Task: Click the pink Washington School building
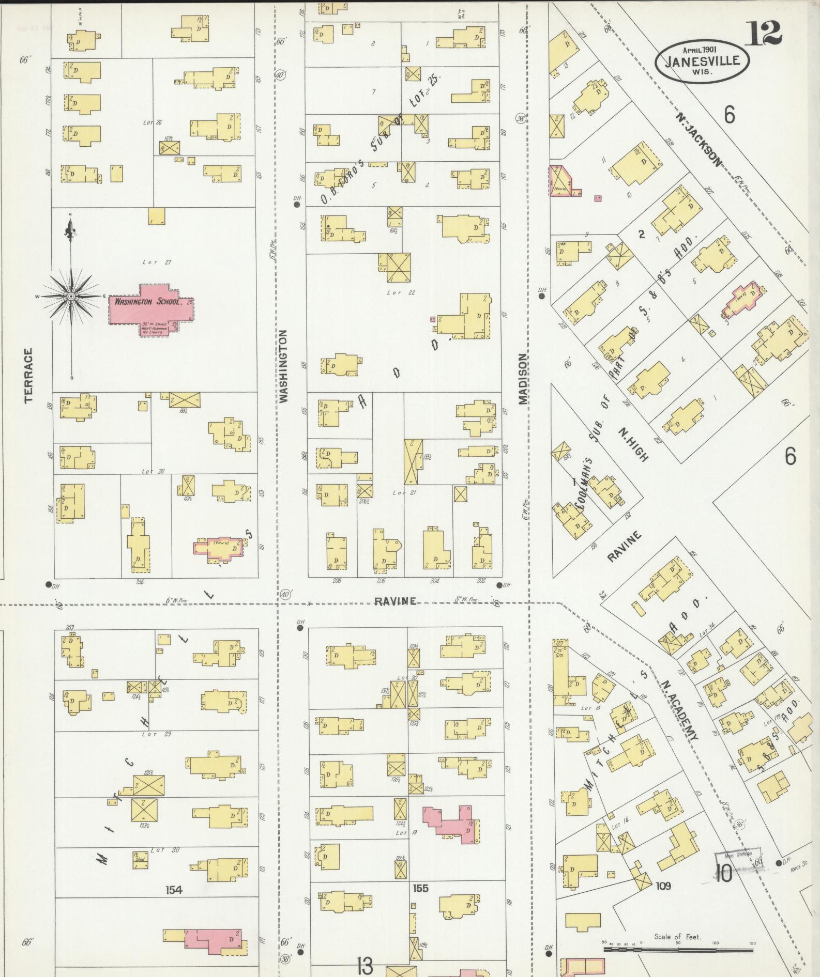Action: [x=150, y=310]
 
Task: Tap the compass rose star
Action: [x=71, y=296]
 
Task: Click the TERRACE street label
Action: [x=28, y=375]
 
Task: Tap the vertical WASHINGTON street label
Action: [x=284, y=366]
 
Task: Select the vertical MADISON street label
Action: [x=523, y=379]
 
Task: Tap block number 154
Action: [x=174, y=890]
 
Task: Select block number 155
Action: [x=420, y=888]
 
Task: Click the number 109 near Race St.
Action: [x=663, y=886]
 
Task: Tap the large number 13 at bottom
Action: [x=365, y=965]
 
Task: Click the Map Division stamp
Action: [x=738, y=855]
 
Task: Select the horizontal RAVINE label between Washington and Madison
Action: [x=395, y=601]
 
